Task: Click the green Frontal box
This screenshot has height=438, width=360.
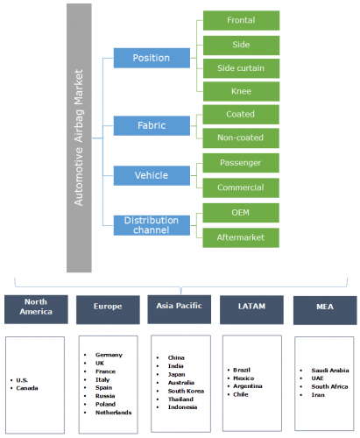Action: [x=241, y=20]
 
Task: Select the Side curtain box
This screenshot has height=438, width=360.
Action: [x=241, y=68]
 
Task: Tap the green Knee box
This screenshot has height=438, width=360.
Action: [x=241, y=91]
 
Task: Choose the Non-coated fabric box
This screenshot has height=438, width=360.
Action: [x=241, y=138]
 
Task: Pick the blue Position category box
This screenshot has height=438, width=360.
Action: [x=152, y=58]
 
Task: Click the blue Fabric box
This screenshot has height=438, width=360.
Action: [x=152, y=125]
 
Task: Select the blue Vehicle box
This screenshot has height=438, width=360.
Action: [x=152, y=175]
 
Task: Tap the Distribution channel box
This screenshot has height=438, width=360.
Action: [x=152, y=225]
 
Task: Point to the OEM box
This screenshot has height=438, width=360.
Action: [x=241, y=213]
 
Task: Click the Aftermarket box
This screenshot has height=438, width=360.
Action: [x=241, y=237]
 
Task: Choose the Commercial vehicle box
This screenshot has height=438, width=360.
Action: [x=241, y=187]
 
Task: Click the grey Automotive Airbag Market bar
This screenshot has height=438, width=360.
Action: [x=79, y=138]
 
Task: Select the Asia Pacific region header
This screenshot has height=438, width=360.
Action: [x=180, y=309]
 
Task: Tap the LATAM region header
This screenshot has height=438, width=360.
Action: [x=251, y=309]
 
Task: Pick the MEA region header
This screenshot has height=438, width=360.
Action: [x=325, y=310]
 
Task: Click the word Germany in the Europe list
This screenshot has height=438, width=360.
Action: [x=109, y=355]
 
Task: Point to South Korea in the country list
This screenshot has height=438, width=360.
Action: [x=186, y=391]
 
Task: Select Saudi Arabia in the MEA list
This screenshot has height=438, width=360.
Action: [x=330, y=371]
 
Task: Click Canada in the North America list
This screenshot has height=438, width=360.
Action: [x=27, y=388]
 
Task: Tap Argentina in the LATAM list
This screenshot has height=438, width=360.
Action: [x=248, y=386]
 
